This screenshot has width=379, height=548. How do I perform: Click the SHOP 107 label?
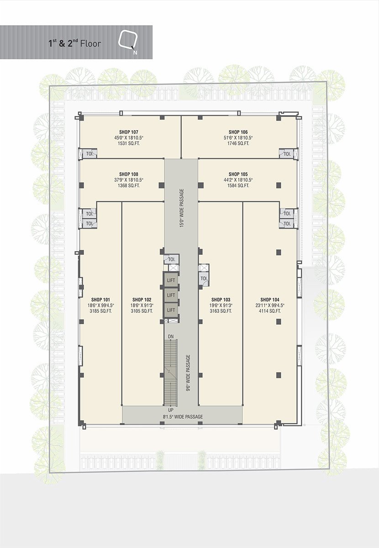129,132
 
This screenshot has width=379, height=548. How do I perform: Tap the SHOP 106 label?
238,132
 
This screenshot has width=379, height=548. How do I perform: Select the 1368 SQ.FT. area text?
129,185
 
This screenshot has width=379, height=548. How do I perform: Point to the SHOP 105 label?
238,174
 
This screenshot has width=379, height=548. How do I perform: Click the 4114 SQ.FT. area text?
269,311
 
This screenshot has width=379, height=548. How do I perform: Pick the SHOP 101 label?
100,300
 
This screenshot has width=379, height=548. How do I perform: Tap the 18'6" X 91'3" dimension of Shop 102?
142,306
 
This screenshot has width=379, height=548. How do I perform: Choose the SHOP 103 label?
221,300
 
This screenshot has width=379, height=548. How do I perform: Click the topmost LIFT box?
171,280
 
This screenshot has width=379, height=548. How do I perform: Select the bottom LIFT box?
171,310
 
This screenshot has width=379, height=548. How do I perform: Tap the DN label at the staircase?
171,337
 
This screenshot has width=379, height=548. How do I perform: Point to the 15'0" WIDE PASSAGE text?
182,208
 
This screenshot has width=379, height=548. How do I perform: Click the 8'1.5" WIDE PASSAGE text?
183,416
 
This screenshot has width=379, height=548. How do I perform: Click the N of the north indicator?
135,53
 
